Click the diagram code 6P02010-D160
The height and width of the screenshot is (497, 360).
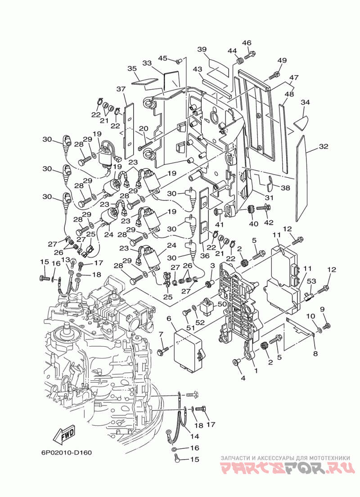[66, 452]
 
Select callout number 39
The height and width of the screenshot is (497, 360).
[202, 49]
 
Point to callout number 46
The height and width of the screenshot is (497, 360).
[247, 43]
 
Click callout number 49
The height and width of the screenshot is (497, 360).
[282, 60]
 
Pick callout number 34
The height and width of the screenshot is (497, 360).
[305, 102]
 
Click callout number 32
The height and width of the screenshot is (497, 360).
[324, 146]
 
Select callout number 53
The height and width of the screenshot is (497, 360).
[311, 281]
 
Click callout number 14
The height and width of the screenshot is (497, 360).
[194, 437]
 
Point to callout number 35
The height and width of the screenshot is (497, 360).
[132, 68]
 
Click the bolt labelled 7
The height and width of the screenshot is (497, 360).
[163, 351]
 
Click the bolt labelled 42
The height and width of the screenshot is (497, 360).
[263, 208]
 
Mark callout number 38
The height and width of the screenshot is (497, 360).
[285, 188]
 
